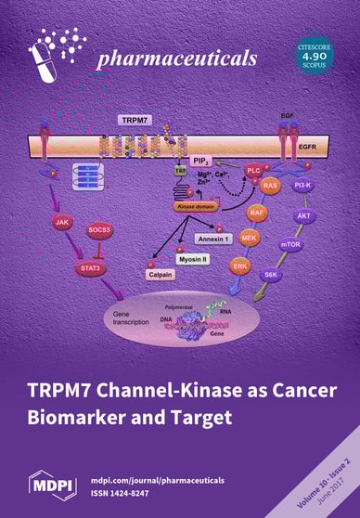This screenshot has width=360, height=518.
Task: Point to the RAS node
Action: click(x=271, y=186)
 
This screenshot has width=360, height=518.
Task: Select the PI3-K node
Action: click(x=302, y=186)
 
